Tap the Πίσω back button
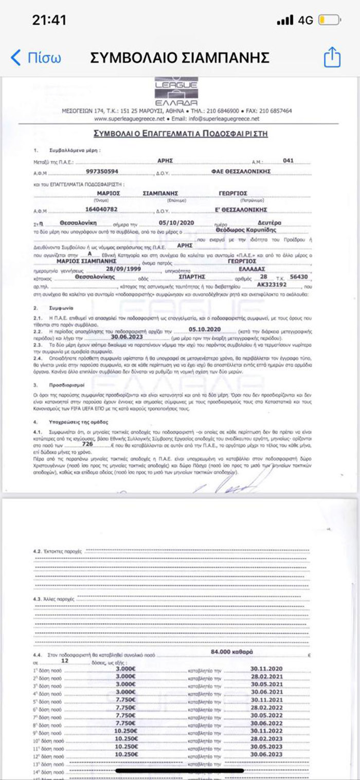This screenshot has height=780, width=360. click(36, 57)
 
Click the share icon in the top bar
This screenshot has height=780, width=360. click(332, 57)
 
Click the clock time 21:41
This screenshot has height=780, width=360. click(49, 20)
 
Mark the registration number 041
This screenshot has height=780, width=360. click(288, 161)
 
